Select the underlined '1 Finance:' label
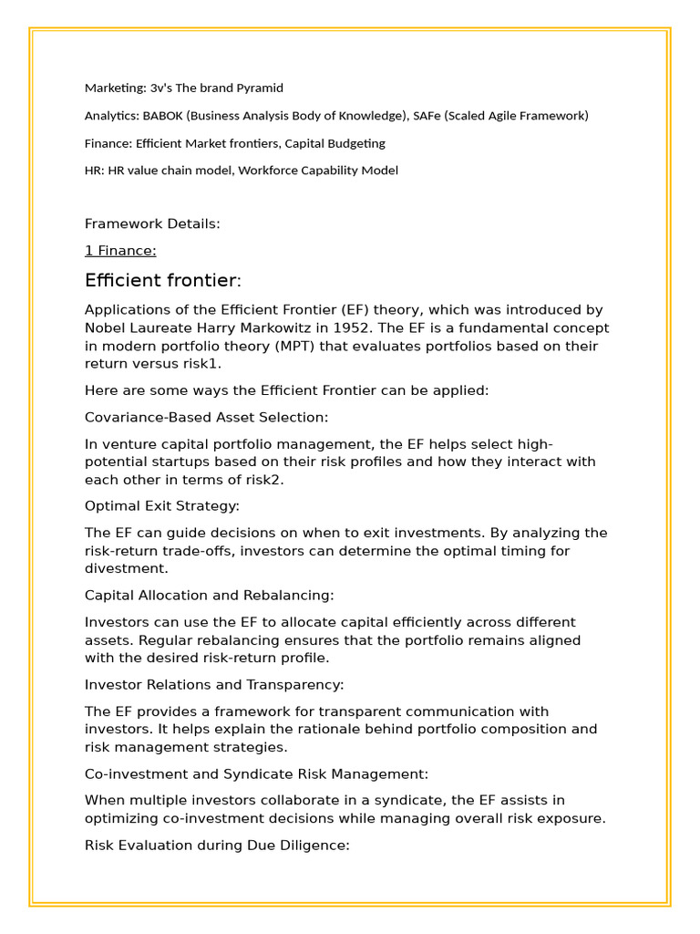click(120, 251)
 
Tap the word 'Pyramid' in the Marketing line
click(259, 88)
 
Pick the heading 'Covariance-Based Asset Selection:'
click(207, 417)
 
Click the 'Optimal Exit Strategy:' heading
click(162, 505)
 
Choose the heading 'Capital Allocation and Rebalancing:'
click(210, 595)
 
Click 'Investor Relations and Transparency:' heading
click(214, 684)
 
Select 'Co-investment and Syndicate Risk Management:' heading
click(256, 773)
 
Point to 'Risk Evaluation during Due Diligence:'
click(217, 846)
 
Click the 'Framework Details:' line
click(152, 223)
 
